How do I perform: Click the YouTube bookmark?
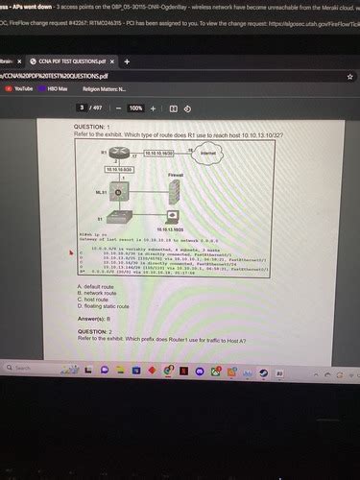coord(20,87)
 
